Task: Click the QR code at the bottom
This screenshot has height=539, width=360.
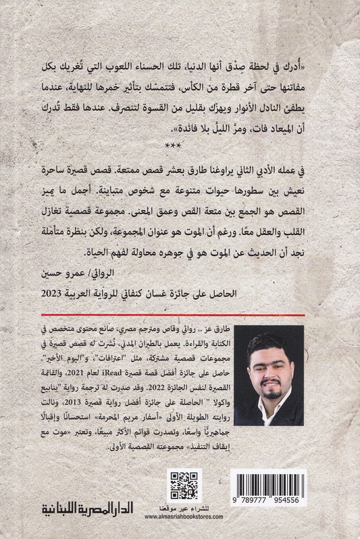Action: pyautogui.click(x=184, y=486)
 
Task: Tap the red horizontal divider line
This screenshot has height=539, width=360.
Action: pyautogui.click(x=180, y=315)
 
